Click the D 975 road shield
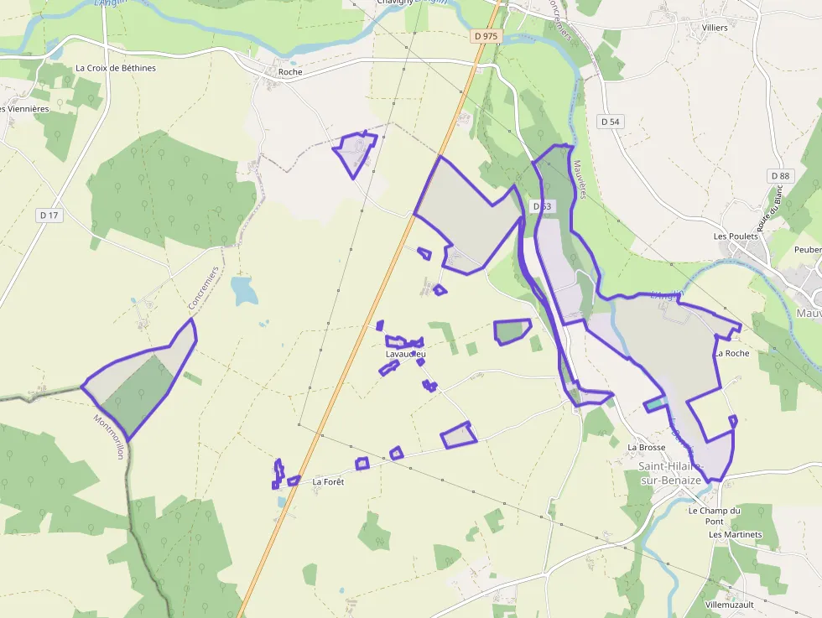(x=486, y=36)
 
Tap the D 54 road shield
(x=611, y=122)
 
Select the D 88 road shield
(x=780, y=175)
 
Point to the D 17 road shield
(x=49, y=216)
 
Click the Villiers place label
(x=715, y=28)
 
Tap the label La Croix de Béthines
(x=116, y=68)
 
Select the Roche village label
(x=290, y=72)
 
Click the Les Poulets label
(x=736, y=236)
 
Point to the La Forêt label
(x=328, y=482)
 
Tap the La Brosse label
(x=646, y=448)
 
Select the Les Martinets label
(x=735, y=534)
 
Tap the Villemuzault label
(x=730, y=604)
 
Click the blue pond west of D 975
(x=244, y=290)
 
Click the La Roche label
(x=731, y=354)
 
